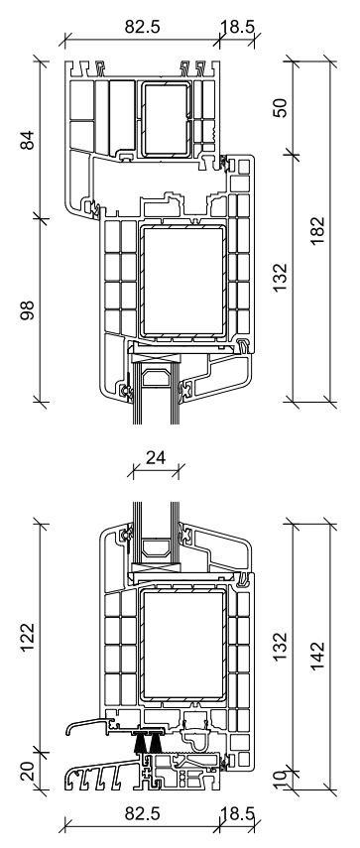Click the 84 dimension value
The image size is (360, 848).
pyautogui.click(x=28, y=140)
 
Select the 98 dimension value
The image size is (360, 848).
pyautogui.click(x=28, y=310)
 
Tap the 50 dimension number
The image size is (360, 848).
pyautogui.click(x=281, y=108)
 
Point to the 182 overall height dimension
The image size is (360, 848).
pyautogui.click(x=317, y=230)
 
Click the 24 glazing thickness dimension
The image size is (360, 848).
pyautogui.click(x=156, y=457)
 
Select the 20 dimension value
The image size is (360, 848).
pyautogui.click(x=28, y=771)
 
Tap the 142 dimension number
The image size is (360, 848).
pyautogui.click(x=317, y=656)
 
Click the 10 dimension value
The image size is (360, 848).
pyautogui.click(x=281, y=779)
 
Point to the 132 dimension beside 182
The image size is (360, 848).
pyautogui.click(x=281, y=278)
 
